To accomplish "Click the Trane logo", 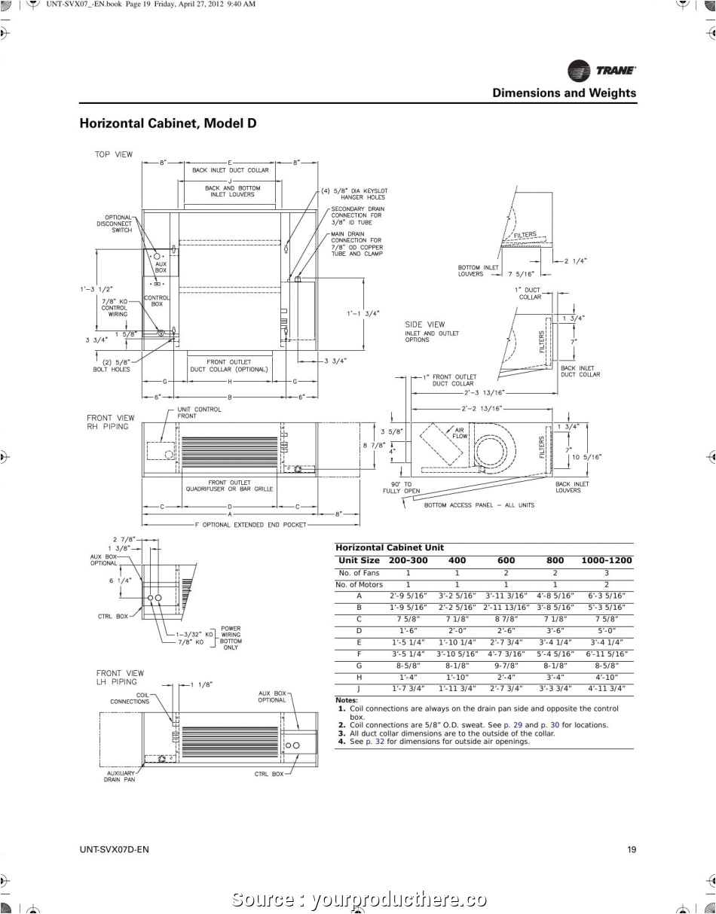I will click(x=601, y=71).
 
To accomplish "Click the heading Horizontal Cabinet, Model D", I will click(x=168, y=123).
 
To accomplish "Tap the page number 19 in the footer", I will click(x=632, y=850).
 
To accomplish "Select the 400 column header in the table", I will click(x=457, y=560).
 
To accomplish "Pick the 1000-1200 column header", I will click(x=606, y=560).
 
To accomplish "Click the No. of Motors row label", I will click(x=359, y=584).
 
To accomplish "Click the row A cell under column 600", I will click(x=506, y=596).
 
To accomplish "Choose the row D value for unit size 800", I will click(x=555, y=630).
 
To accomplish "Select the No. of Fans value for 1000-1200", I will click(x=606, y=573).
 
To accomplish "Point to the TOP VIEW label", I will click(x=113, y=154).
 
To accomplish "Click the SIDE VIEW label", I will click(x=425, y=324).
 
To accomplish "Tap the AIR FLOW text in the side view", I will click(x=460, y=433).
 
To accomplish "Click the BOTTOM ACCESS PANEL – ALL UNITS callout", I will click(x=479, y=505).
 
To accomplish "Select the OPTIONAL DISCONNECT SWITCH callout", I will click(x=114, y=224).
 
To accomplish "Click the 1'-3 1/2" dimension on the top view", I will click(x=96, y=289).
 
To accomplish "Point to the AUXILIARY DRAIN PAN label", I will click(x=119, y=776).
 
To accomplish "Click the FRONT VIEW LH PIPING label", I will click(x=119, y=678).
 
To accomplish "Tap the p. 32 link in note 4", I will click(x=375, y=741).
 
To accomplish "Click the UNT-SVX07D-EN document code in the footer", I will click(x=114, y=850).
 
